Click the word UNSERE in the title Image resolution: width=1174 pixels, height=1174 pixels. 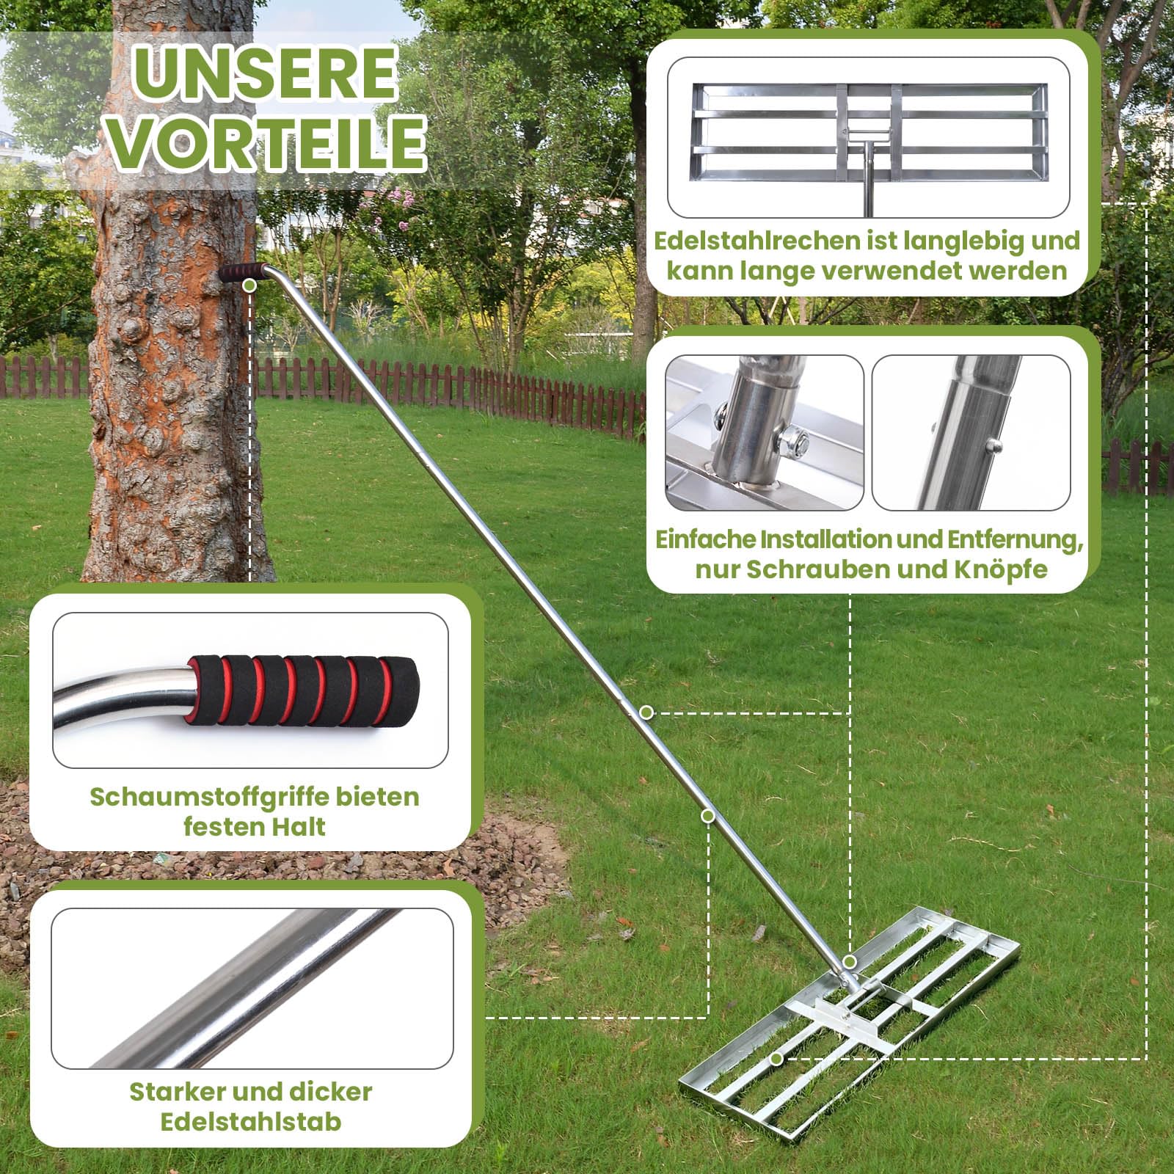click(x=265, y=73)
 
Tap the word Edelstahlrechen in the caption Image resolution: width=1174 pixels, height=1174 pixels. click(x=758, y=241)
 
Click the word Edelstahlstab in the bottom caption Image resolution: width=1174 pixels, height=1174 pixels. click(x=251, y=1122)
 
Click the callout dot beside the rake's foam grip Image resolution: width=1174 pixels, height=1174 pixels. click(x=249, y=285)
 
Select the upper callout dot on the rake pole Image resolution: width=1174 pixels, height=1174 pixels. click(x=646, y=712)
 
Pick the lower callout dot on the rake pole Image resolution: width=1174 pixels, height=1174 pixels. click(x=708, y=816)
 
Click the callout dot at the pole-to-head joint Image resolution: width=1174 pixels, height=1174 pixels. click(x=850, y=961)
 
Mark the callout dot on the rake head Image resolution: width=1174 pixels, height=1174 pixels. click(x=776, y=1059)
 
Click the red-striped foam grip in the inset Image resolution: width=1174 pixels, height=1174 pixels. click(x=305, y=690)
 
